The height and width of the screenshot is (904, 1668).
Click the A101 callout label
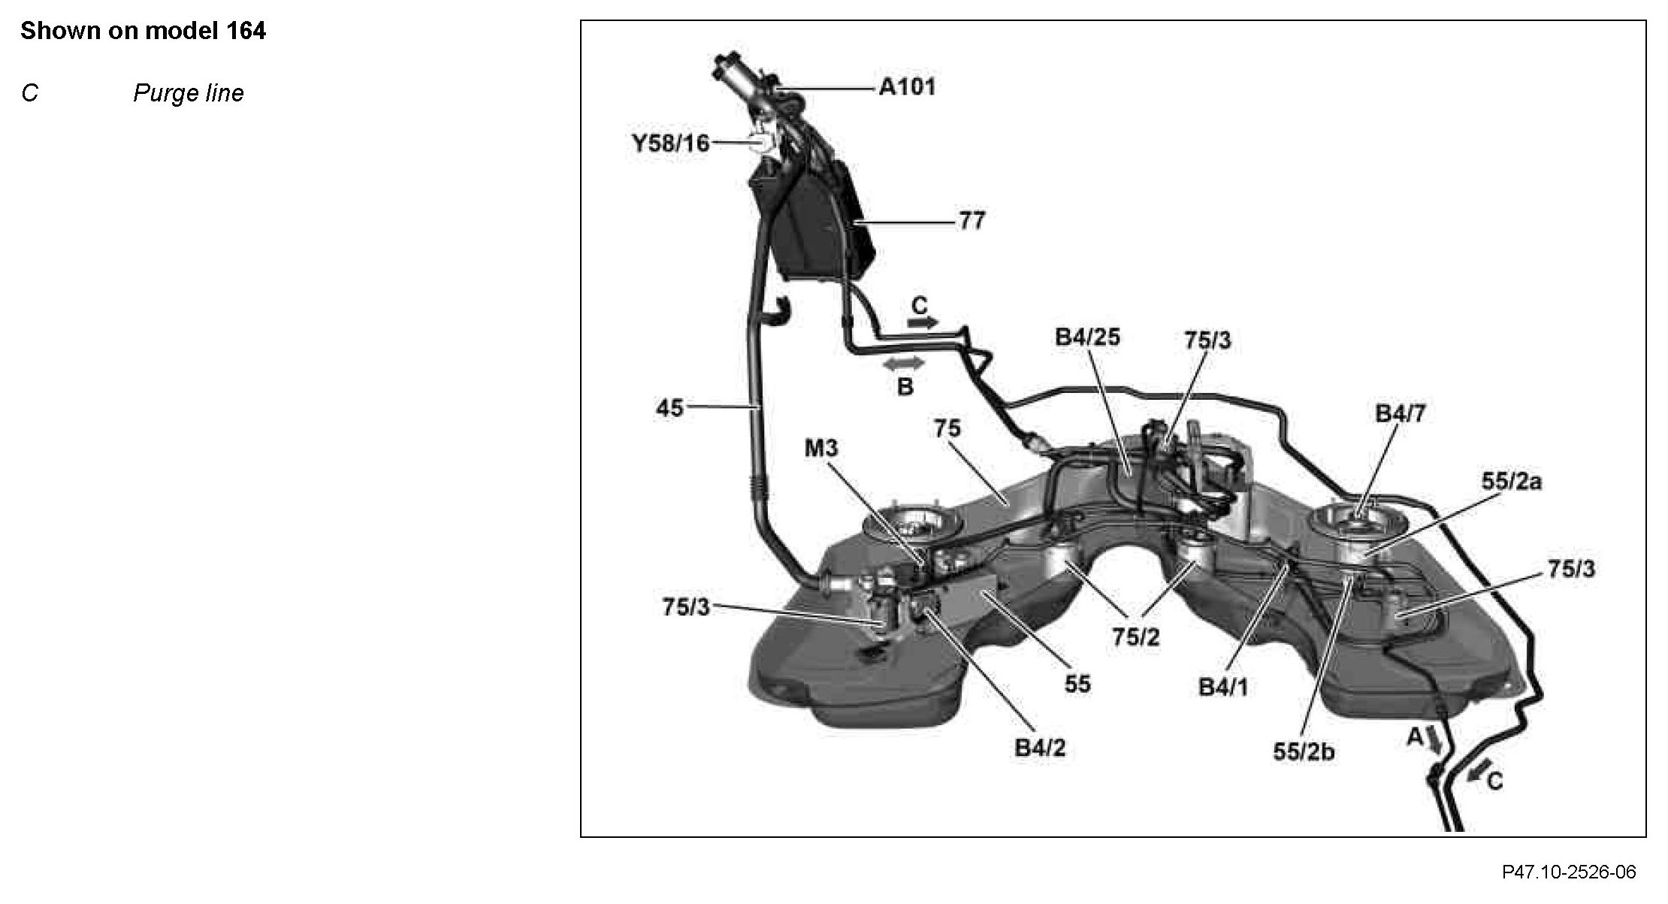click(x=907, y=87)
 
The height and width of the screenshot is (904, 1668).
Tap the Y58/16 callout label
click(x=670, y=143)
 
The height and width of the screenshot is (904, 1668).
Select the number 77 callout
click(x=971, y=221)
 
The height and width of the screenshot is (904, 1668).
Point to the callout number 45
click(x=670, y=408)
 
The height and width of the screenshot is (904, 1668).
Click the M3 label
click(x=820, y=449)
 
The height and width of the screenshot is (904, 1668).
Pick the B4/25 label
click(x=1086, y=337)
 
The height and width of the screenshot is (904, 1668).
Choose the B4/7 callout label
click(x=1400, y=413)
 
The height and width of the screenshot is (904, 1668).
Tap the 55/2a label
click(x=1511, y=481)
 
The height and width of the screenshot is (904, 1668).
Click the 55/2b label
click(x=1304, y=751)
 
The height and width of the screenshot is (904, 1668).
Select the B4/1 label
click(x=1222, y=687)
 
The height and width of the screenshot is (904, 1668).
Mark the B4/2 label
click(x=1040, y=748)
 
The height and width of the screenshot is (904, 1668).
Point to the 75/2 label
click(x=1135, y=637)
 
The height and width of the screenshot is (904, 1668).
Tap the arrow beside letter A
click(x=1434, y=741)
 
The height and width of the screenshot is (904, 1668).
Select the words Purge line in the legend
click(x=189, y=93)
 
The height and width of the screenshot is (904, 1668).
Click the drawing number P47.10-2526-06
click(x=1569, y=872)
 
